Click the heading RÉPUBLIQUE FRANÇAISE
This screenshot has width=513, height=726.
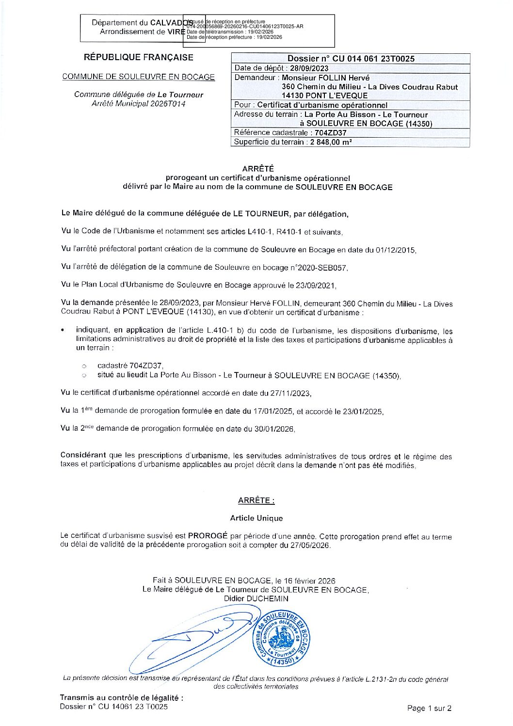click(x=139, y=57)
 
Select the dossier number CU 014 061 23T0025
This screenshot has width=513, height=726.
click(x=373, y=59)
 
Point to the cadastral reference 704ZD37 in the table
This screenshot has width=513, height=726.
click(x=330, y=132)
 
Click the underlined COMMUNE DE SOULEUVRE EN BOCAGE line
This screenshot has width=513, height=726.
click(x=139, y=77)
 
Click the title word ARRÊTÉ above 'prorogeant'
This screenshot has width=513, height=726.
click(x=258, y=169)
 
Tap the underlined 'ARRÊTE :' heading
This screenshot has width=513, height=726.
click(x=256, y=500)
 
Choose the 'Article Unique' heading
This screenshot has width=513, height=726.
click(x=256, y=518)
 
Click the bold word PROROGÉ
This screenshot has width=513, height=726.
click(x=208, y=536)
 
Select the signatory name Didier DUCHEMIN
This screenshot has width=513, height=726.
click(x=256, y=598)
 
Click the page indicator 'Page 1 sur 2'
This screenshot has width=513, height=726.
click(x=429, y=708)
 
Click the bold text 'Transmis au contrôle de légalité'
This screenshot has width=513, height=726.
click(x=121, y=697)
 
